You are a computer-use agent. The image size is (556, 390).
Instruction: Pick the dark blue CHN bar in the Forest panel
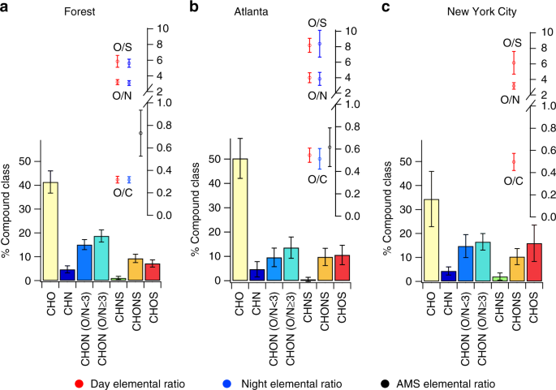coord(67,275)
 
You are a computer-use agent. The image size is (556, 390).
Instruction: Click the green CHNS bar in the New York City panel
coord(498,279)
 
